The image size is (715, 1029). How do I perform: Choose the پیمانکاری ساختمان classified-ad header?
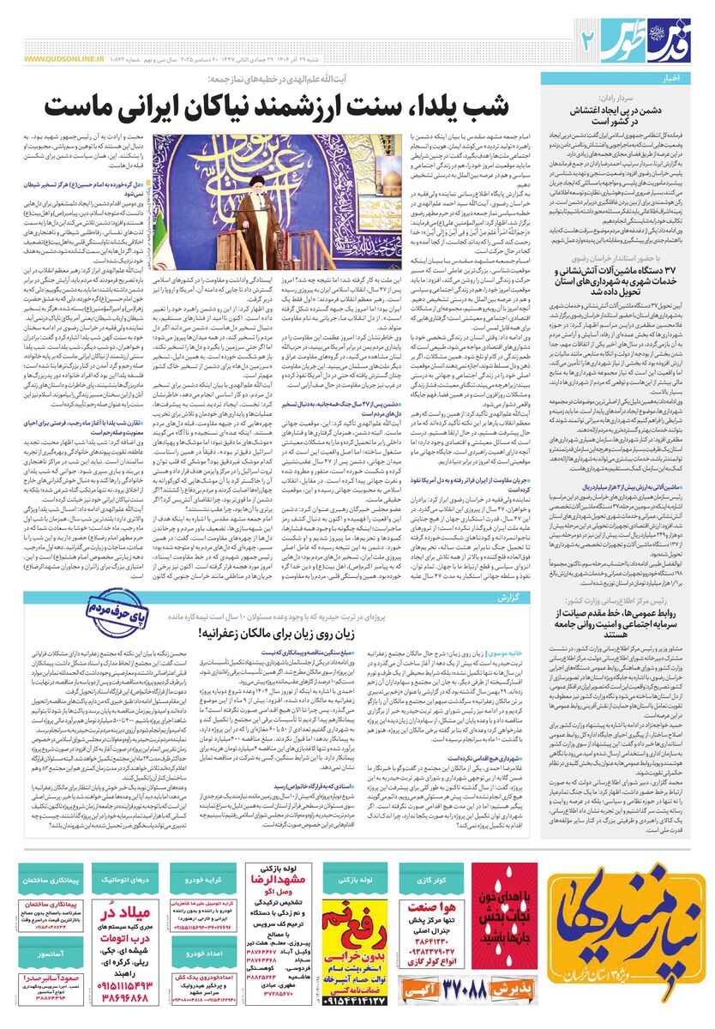(x=51, y=881)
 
